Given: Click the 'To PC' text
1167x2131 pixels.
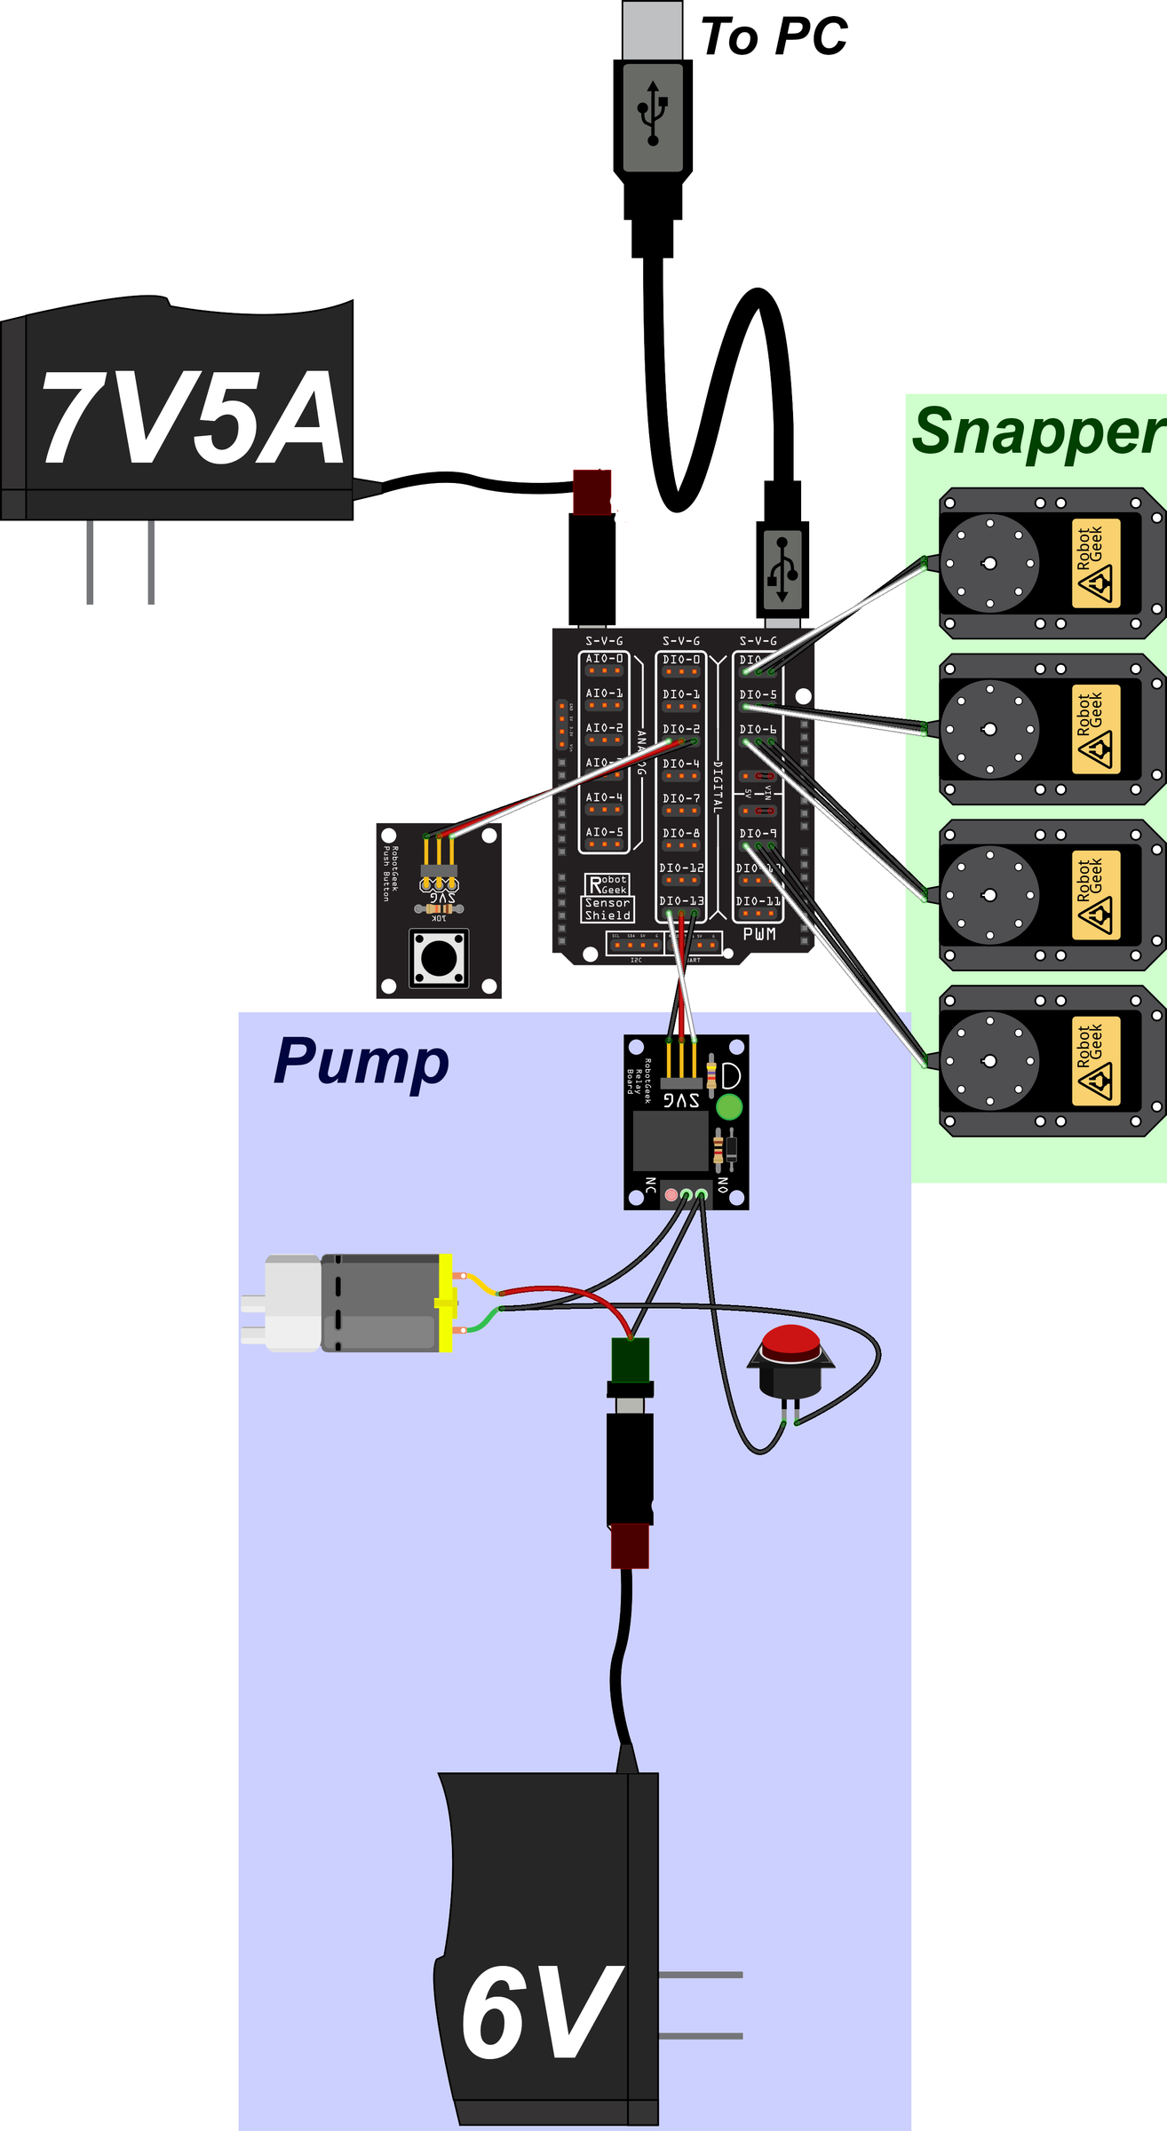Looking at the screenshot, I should point(774,37).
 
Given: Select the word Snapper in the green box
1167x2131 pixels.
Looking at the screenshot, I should point(1036,432).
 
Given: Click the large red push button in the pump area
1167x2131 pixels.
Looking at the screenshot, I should point(790,1343).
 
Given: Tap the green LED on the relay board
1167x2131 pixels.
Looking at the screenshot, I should point(728,1106).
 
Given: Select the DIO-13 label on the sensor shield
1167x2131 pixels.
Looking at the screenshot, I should point(681,900).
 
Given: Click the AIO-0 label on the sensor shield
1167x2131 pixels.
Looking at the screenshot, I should point(604,659).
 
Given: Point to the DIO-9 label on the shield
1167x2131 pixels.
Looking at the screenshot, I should point(758,834).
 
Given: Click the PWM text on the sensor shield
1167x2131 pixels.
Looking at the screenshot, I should point(759,934).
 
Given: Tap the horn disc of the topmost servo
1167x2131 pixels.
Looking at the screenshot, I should point(989,563).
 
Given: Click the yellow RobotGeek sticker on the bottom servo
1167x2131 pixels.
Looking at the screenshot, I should point(1096,1061).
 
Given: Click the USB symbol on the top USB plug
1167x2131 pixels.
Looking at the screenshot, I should point(653,114).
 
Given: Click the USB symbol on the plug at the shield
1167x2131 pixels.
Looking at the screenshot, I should point(782,568).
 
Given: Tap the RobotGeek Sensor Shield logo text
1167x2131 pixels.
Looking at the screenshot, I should point(607,898).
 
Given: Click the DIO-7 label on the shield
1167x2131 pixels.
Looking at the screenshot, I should point(681,798).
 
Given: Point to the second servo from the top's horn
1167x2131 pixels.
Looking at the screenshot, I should point(989,729).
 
